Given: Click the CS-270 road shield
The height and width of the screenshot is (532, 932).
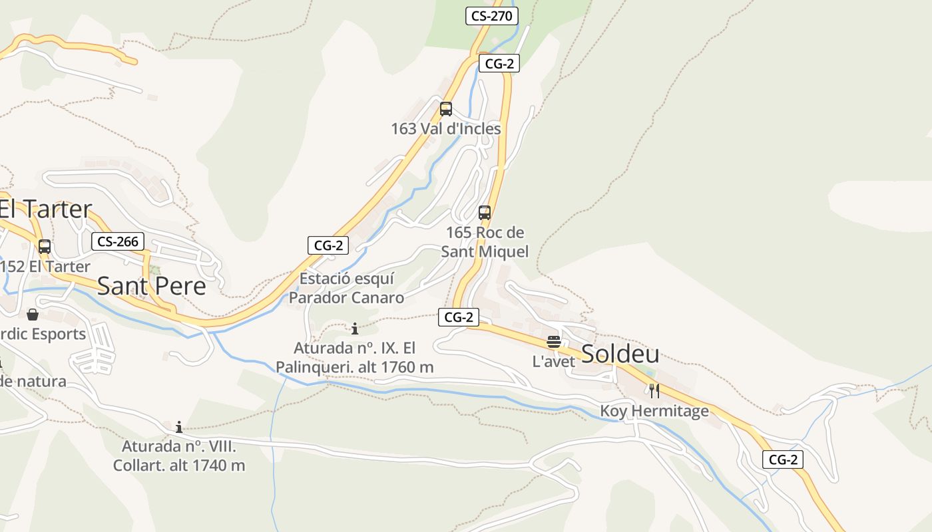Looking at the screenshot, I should [x=491, y=16].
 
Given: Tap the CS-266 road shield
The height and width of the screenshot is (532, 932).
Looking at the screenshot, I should [x=118, y=241].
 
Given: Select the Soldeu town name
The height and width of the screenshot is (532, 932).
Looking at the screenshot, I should [x=620, y=354].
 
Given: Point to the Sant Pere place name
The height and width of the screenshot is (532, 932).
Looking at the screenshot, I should [x=151, y=286].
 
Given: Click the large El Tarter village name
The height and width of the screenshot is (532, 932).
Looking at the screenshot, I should [x=45, y=209].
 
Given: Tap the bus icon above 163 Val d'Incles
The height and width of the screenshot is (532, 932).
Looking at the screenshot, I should [x=446, y=108].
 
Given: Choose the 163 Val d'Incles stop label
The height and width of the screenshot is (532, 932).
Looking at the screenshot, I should [x=446, y=128].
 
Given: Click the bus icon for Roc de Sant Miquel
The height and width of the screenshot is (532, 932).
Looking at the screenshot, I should [x=485, y=213].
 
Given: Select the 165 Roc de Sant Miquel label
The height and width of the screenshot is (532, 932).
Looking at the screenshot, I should [x=485, y=242].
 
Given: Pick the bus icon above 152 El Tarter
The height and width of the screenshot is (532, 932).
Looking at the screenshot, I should [x=45, y=247].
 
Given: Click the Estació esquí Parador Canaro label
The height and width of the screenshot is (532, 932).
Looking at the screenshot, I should [x=346, y=288].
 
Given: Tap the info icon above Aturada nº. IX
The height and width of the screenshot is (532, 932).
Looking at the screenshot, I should [x=355, y=329].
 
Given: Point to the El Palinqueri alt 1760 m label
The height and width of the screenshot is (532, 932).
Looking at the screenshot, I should [x=355, y=357].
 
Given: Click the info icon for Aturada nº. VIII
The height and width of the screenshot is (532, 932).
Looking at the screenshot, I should [x=179, y=427].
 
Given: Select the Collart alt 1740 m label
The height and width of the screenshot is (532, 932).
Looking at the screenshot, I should [x=179, y=456].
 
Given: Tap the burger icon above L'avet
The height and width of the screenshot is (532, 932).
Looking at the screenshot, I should [x=554, y=342].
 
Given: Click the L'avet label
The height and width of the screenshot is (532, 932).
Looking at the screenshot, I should [x=554, y=362].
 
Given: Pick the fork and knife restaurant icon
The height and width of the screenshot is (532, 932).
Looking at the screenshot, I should [x=654, y=390].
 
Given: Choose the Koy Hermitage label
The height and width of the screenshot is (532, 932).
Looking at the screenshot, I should [x=654, y=411].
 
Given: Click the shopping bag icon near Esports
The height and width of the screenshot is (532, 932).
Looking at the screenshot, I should [x=33, y=315].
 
